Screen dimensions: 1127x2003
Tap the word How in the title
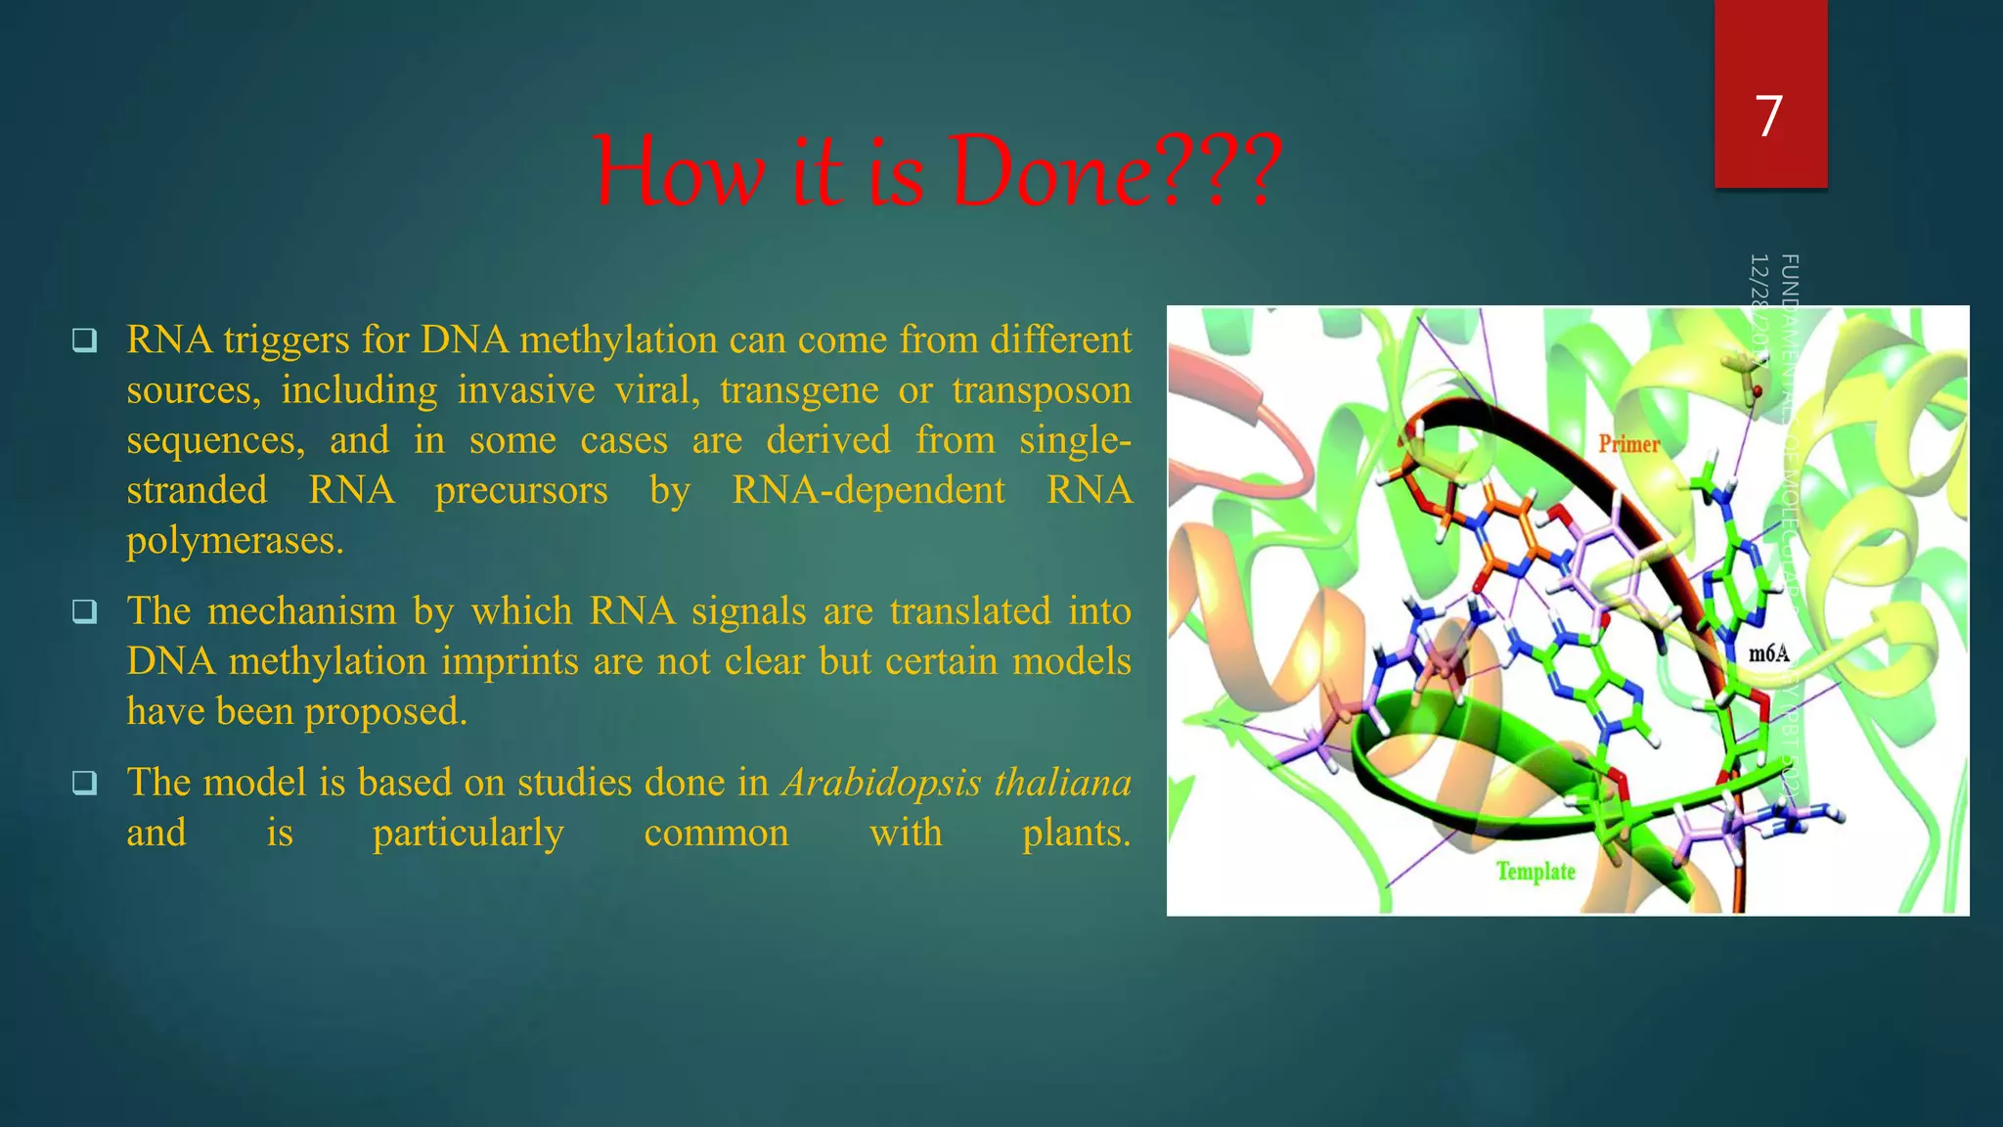pyautogui.click(x=680, y=172)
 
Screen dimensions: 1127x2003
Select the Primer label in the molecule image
pyautogui.click(x=1629, y=444)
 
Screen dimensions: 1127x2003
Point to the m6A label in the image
pyautogui.click(x=1768, y=654)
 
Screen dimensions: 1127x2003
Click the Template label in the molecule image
pyautogui.click(x=1536, y=871)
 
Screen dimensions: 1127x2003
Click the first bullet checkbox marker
pyautogui.click(x=85, y=340)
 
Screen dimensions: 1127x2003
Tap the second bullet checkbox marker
pyautogui.click(x=85, y=611)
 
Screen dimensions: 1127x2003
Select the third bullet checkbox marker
pyautogui.click(x=85, y=783)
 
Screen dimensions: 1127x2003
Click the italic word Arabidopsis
pyautogui.click(x=882, y=783)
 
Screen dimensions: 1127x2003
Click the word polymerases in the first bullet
pyautogui.click(x=235, y=540)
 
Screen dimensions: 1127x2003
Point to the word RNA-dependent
pyautogui.click(x=868, y=490)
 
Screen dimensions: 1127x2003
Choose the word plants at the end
pyautogui.click(x=1076, y=833)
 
